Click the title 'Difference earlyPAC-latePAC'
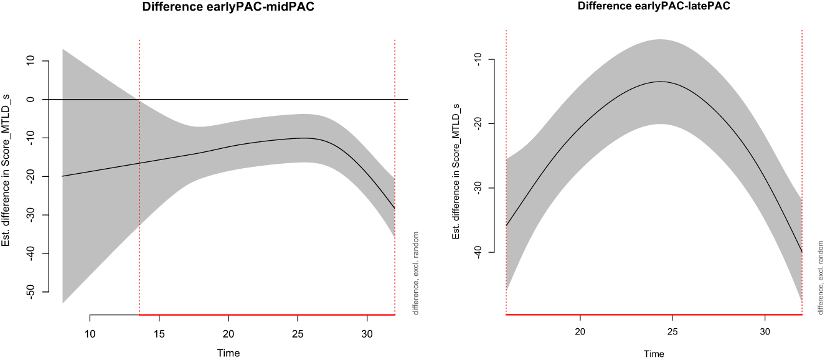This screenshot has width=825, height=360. [x=654, y=6]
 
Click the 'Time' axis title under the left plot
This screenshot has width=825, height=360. [x=229, y=353]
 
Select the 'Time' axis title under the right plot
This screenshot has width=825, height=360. [x=654, y=354]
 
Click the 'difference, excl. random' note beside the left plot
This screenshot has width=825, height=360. [x=416, y=273]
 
